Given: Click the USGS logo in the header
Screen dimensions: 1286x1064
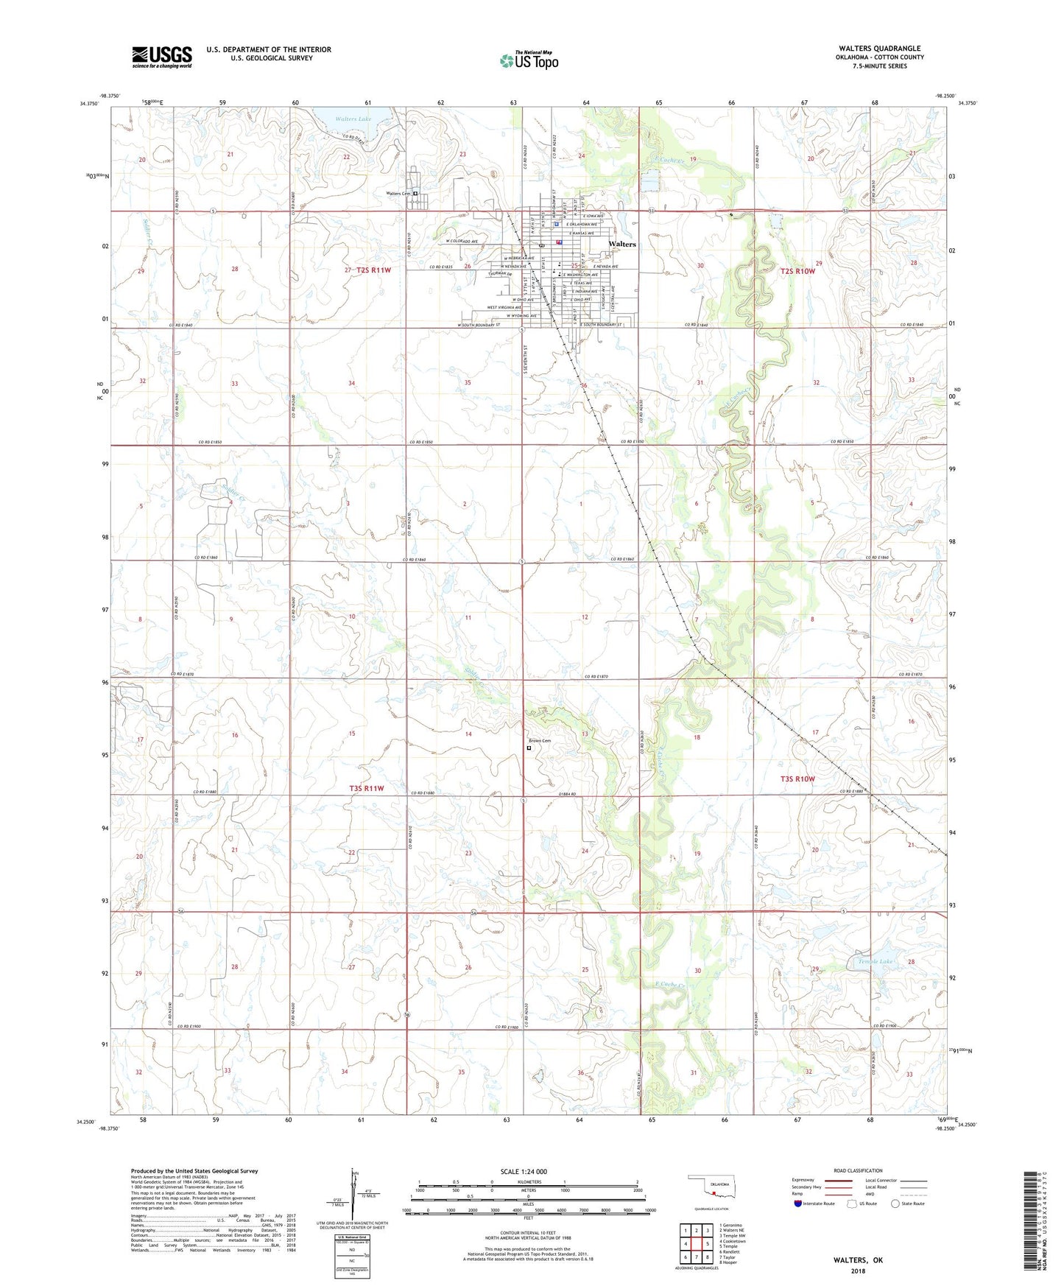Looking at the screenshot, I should pyautogui.click(x=161, y=57).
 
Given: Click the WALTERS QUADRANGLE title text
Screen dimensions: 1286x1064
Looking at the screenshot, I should pyautogui.click(x=869, y=49).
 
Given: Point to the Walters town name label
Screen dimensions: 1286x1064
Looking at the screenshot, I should pyautogui.click(x=622, y=244).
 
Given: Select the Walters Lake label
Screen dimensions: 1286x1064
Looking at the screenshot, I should pyautogui.click(x=354, y=119).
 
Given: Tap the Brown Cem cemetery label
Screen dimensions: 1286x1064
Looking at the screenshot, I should pyautogui.click(x=539, y=741).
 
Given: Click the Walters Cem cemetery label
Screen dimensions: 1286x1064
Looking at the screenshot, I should pyautogui.click(x=398, y=194).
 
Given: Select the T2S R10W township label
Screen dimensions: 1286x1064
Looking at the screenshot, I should pyautogui.click(x=797, y=271).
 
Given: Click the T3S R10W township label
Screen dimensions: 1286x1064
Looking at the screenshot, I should pyautogui.click(x=797, y=779).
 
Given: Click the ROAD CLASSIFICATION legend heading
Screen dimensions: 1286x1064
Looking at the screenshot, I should pyautogui.click(x=858, y=1170).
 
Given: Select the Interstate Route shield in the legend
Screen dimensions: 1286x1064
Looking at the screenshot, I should pyautogui.click(x=799, y=1204).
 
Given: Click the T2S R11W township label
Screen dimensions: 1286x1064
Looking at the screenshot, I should pyautogui.click(x=373, y=270).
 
